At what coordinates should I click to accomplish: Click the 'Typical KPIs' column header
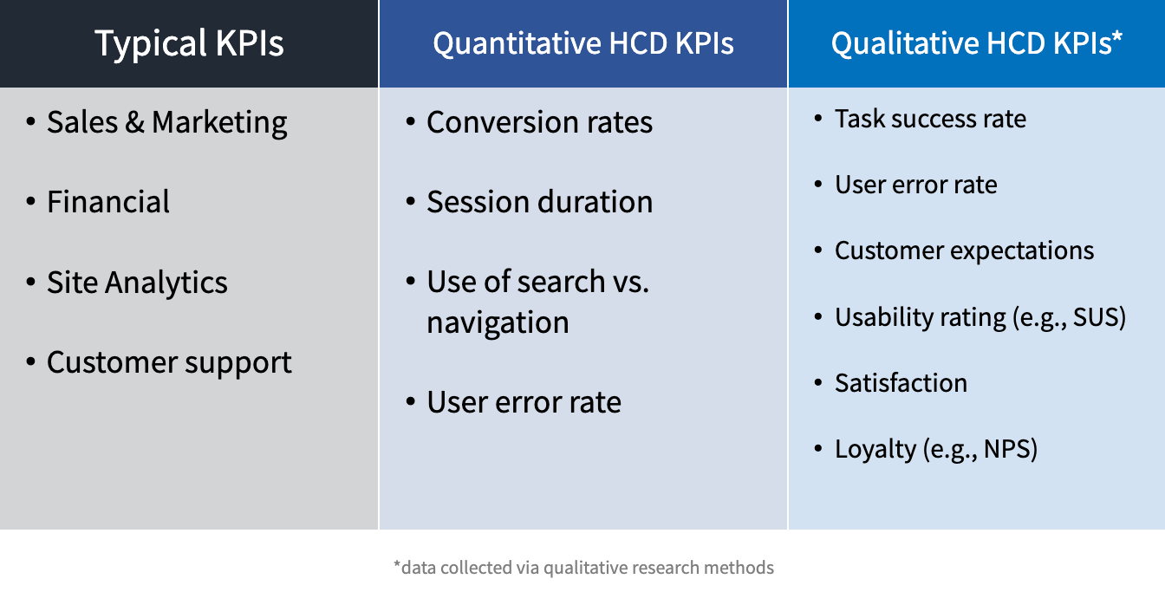click(189, 43)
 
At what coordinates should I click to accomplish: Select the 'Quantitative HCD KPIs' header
click(583, 43)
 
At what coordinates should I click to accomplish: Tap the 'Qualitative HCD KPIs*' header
click(976, 42)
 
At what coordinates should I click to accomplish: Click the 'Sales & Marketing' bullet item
click(167, 123)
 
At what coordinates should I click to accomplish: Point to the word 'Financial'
click(108, 202)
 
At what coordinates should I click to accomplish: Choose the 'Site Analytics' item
click(137, 283)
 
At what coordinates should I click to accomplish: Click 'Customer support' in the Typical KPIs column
click(170, 362)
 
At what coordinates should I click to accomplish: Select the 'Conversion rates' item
click(539, 122)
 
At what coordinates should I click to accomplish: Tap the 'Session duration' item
click(539, 202)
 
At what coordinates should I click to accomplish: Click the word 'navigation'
click(498, 323)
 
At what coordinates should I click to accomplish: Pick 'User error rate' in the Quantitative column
click(524, 403)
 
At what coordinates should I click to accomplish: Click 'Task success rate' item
click(930, 119)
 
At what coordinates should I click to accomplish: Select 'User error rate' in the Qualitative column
click(916, 185)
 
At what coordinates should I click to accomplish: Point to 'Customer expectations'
click(964, 251)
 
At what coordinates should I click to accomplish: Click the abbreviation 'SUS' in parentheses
click(1095, 317)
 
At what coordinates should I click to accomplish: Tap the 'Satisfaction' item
click(901, 383)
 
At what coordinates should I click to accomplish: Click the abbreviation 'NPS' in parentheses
click(1006, 449)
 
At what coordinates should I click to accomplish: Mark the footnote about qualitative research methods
click(583, 568)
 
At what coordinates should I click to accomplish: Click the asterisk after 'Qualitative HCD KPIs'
click(1117, 36)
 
